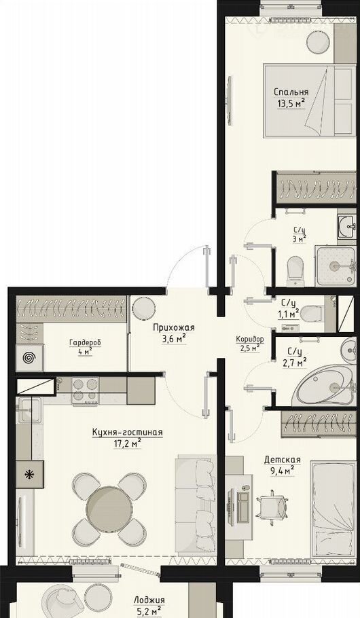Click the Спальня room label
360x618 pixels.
pos(291,92)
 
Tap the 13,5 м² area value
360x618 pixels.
pos(292,104)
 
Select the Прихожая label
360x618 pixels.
pos(173,328)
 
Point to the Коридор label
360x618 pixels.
pos(250,339)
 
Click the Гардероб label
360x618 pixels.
pos(85,343)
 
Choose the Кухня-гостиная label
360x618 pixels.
pos(128,433)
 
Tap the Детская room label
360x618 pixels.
pos(283,460)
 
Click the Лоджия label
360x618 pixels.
pos(149,600)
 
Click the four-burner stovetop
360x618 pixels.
pos(85,390)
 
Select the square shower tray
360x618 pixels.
pos(335,266)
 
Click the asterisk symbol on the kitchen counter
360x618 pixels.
pos(29,475)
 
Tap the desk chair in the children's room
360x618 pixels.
pos(274,507)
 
